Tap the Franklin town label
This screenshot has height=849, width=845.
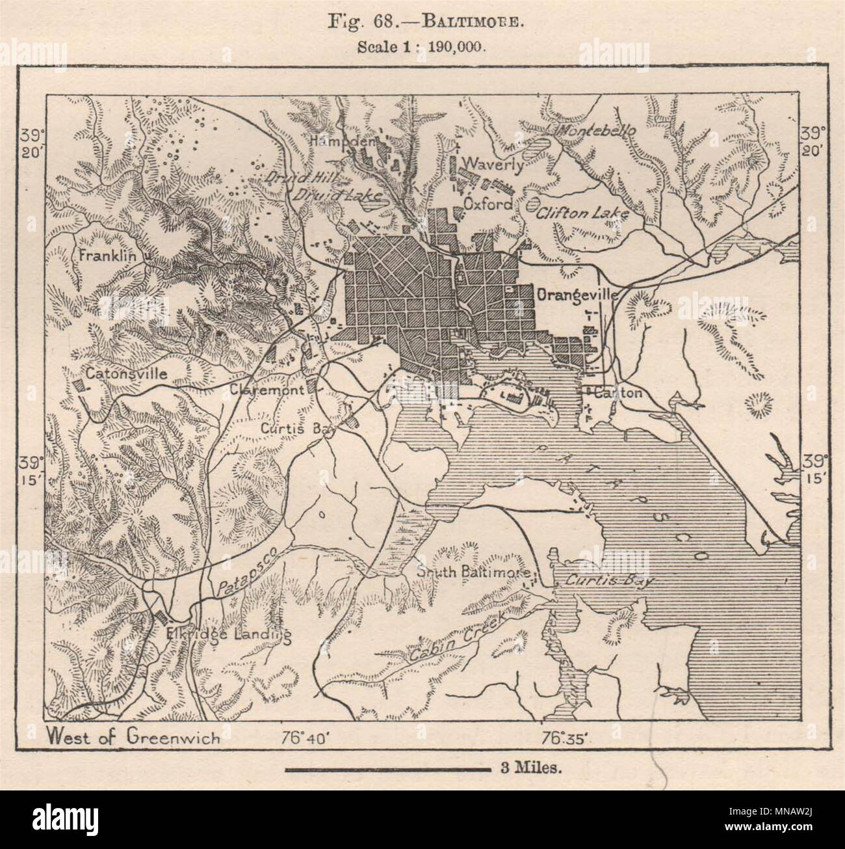click(x=107, y=256)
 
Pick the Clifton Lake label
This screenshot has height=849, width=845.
click(x=584, y=211)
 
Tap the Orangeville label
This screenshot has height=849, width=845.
click(x=576, y=294)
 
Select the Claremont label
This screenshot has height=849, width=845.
click(x=266, y=390)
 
